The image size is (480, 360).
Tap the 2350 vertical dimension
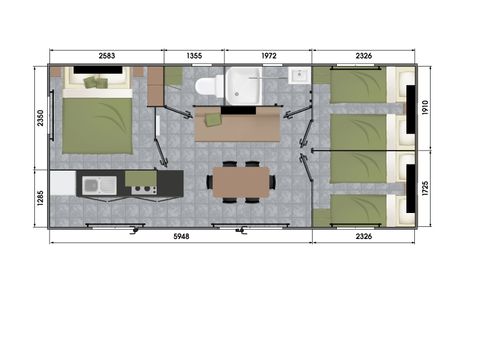point(39,118)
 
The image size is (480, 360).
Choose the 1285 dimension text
point(39,197)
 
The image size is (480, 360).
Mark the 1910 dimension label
point(424,107)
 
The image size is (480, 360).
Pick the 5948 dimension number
point(180,237)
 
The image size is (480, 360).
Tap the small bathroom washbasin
point(297,76)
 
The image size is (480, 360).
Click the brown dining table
point(240,181)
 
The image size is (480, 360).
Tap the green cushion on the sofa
point(213,119)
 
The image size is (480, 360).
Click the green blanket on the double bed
point(97,125)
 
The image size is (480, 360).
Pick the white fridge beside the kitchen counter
point(62,183)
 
